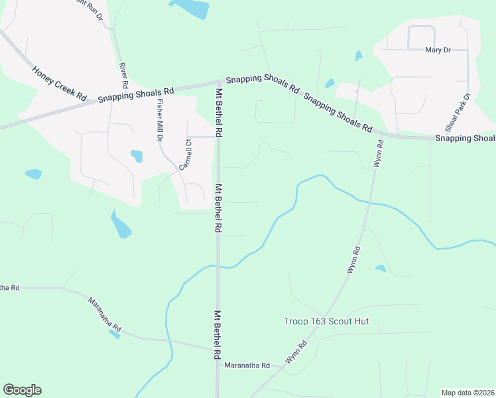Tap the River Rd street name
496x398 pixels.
click(x=123, y=76)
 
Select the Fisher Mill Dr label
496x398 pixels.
click(x=159, y=119)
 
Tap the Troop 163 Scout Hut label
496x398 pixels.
click(x=326, y=322)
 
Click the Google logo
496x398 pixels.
click(x=22, y=390)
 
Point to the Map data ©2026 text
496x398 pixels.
click(x=467, y=393)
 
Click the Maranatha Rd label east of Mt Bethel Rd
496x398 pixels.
click(x=247, y=365)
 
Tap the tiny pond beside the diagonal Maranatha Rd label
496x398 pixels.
click(x=115, y=334)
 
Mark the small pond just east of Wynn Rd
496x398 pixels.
click(x=380, y=269)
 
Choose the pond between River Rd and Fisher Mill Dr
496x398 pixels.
click(x=137, y=156)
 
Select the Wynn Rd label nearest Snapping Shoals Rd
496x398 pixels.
click(x=379, y=153)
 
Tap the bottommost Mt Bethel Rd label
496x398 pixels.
click(x=217, y=335)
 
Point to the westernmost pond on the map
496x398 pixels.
click(x=33, y=174)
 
